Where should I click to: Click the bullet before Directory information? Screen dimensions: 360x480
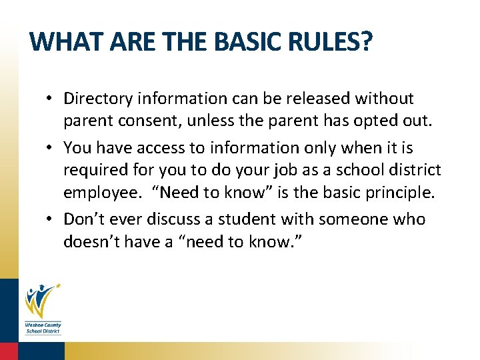click(x=50, y=99)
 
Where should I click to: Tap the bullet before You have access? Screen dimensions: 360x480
click(x=50, y=148)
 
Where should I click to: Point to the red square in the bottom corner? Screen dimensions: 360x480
click(x=8, y=351)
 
